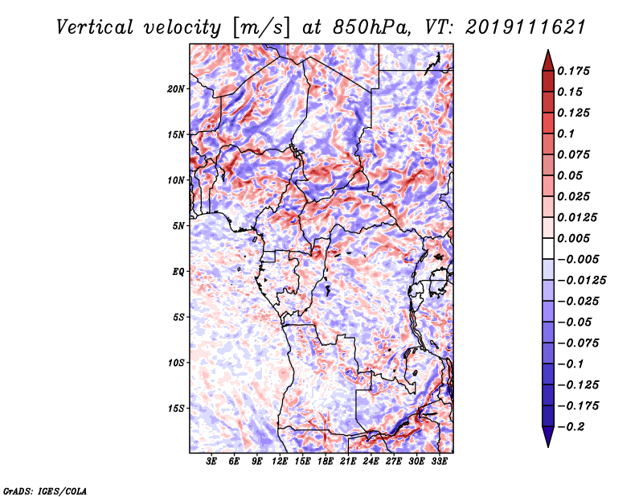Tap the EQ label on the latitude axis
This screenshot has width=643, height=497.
(178, 272)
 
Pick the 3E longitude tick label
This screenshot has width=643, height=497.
(212, 462)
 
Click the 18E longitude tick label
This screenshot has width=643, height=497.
(326, 462)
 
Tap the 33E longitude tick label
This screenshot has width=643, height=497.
(440, 462)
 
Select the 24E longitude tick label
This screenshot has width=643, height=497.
(371, 462)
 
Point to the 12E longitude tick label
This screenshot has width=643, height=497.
(281, 462)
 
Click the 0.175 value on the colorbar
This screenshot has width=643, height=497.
(574, 71)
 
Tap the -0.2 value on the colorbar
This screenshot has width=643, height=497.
(572, 426)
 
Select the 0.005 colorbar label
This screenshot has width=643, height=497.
(574, 238)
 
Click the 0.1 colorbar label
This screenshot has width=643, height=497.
(567, 133)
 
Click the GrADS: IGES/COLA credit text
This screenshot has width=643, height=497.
(45, 490)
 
